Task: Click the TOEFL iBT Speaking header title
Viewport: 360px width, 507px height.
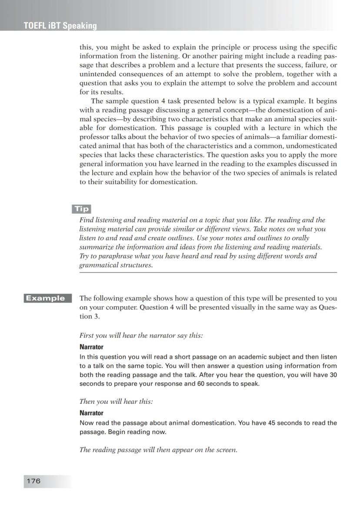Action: tap(60, 26)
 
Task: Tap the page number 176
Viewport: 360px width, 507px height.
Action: tap(33, 481)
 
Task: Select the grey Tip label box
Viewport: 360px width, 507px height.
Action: tap(81, 209)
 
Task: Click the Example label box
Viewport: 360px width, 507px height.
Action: tap(45, 298)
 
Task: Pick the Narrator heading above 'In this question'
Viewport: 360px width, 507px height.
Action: tap(91, 347)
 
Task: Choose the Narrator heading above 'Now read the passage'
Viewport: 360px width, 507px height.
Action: tap(91, 413)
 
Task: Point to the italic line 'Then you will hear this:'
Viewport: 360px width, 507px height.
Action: tap(116, 402)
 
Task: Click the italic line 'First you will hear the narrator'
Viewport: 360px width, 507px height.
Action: tap(141, 336)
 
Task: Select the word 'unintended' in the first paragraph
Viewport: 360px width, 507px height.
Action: tap(97, 74)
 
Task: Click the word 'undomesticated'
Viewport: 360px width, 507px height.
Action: tap(311, 146)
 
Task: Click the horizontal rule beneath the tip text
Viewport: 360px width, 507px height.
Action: tap(208, 272)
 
